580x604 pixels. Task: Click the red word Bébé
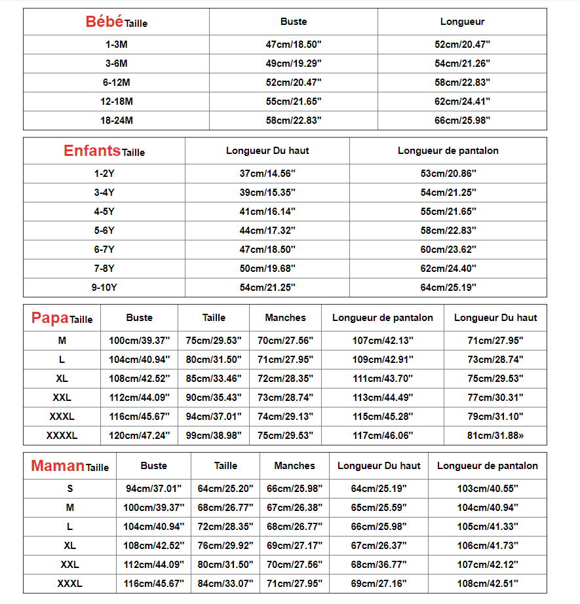click(x=104, y=22)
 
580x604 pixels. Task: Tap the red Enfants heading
click(x=92, y=151)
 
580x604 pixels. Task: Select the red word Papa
click(x=50, y=318)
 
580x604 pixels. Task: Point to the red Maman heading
click(x=58, y=466)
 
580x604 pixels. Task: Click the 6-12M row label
click(x=116, y=83)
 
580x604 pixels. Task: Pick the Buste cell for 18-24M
click(x=293, y=121)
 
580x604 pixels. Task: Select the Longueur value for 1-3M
click(x=462, y=45)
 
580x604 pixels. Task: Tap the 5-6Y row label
click(x=104, y=231)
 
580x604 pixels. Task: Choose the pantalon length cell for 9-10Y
click(x=448, y=288)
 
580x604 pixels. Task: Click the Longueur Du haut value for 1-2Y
click(x=267, y=174)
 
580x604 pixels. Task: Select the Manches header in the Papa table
click(x=285, y=318)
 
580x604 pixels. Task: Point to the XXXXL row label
click(x=62, y=436)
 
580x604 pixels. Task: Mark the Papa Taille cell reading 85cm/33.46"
click(x=214, y=379)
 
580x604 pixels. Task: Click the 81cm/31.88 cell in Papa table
click(x=495, y=436)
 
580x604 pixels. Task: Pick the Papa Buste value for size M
click(x=139, y=341)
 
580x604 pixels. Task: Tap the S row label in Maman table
click(x=70, y=489)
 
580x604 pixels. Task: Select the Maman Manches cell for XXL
click(x=294, y=565)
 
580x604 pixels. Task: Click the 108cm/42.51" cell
click(x=487, y=584)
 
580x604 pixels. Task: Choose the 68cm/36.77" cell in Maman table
click(x=378, y=565)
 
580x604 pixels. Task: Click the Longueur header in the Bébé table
click(x=462, y=22)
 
